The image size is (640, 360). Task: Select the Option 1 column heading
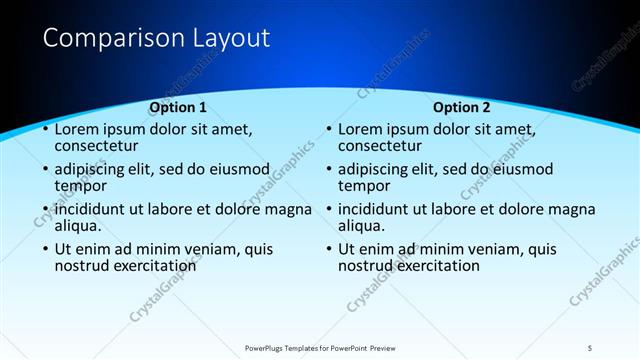coord(178,107)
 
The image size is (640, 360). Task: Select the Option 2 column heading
coord(462,107)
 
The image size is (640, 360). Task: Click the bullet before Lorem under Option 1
coord(44,130)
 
